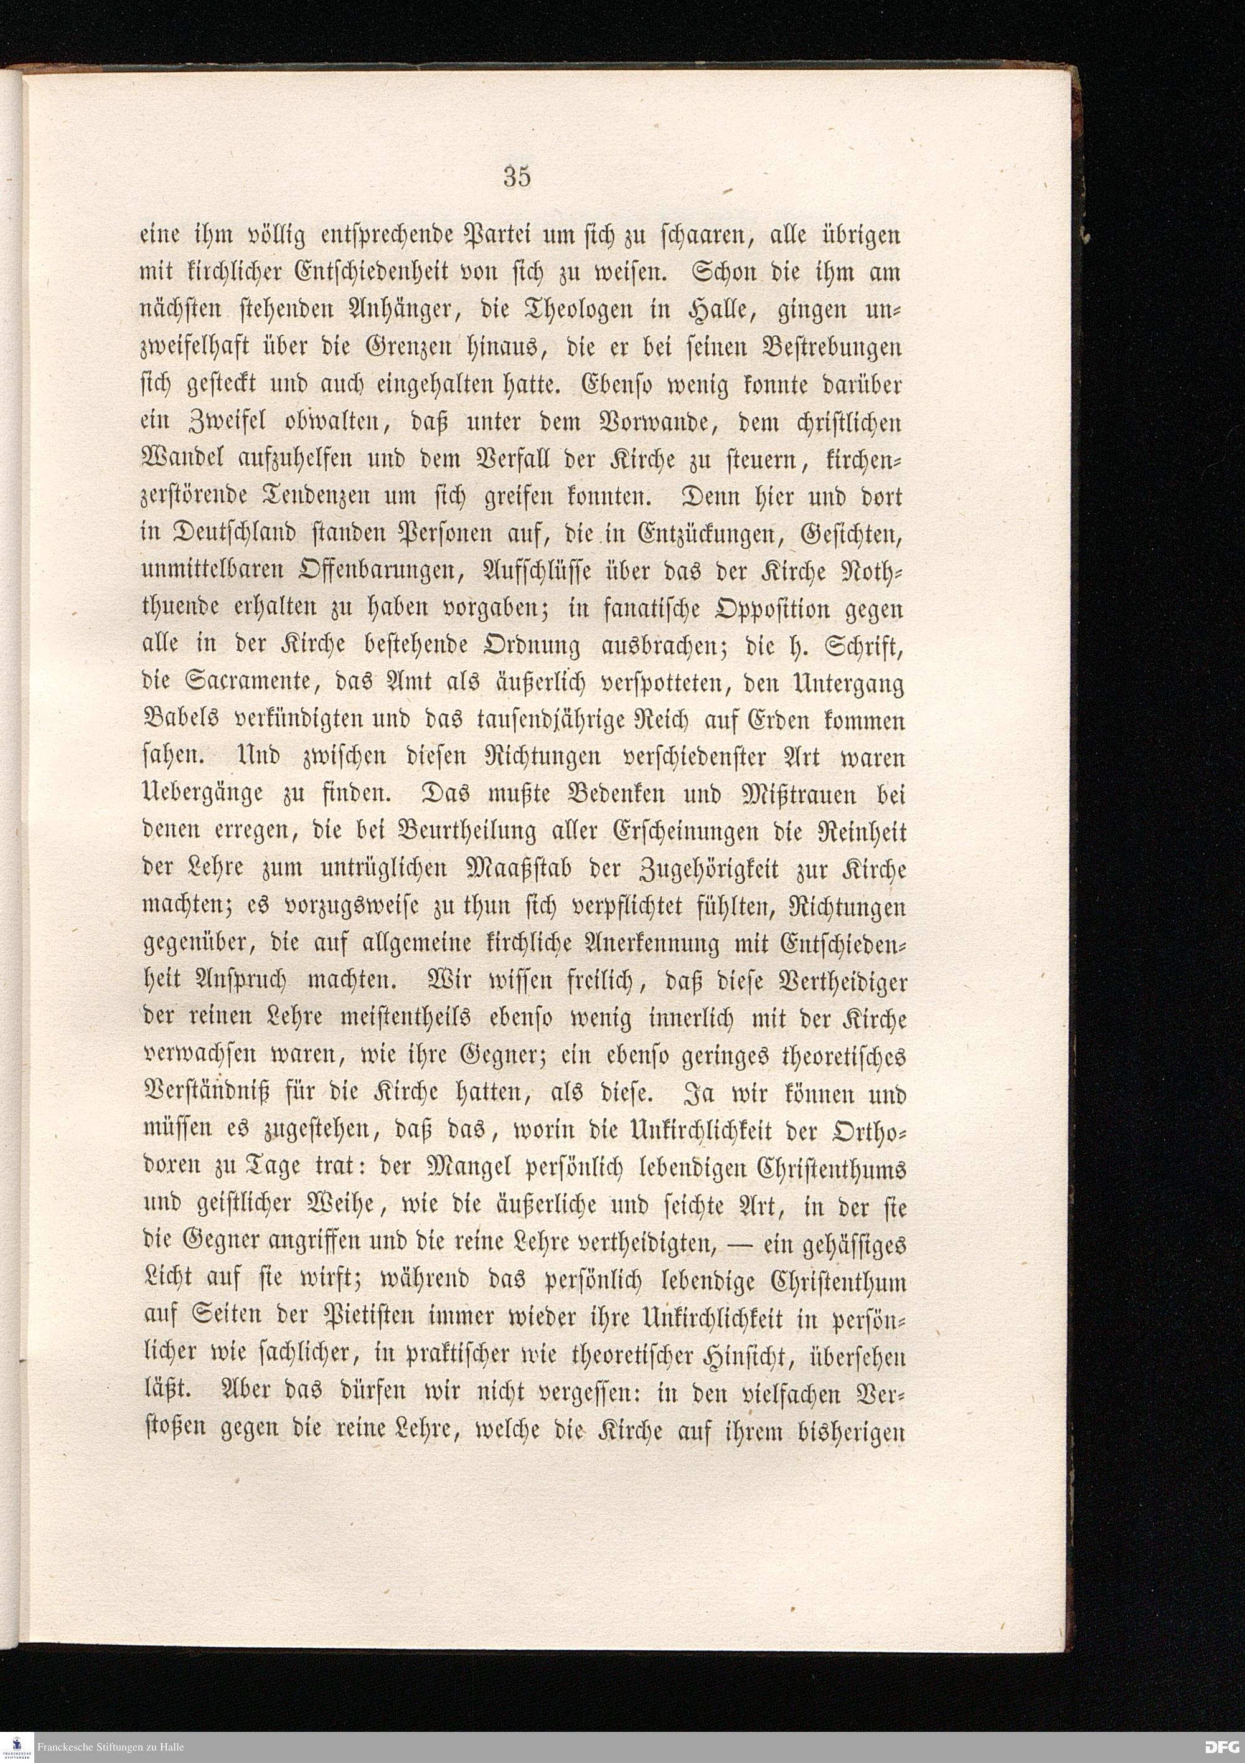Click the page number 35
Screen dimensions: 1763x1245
click(x=517, y=177)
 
